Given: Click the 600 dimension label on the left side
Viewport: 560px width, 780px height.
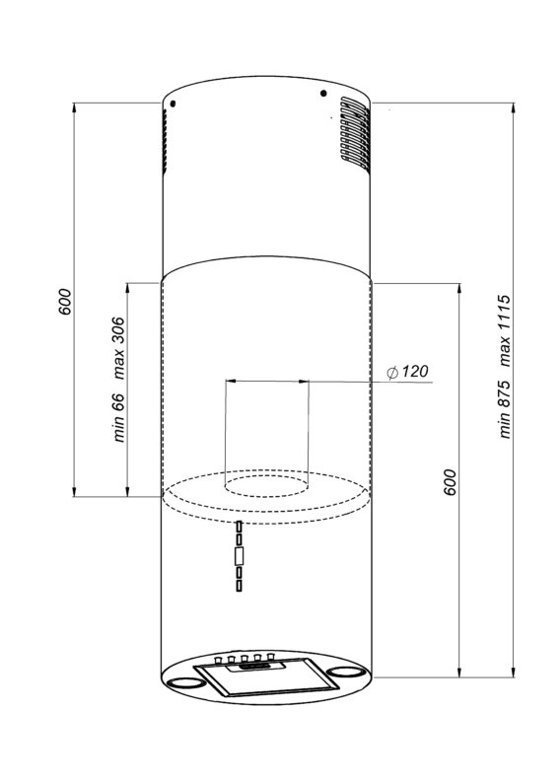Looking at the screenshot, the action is pyautogui.click(x=65, y=301).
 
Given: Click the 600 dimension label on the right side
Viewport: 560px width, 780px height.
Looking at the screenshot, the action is pyautogui.click(x=450, y=481).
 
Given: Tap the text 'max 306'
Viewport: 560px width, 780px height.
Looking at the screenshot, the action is pyautogui.click(x=118, y=348).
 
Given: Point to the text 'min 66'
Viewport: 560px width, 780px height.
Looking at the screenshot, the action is pyautogui.click(x=118, y=417).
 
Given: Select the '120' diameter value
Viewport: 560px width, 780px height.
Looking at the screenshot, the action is pyautogui.click(x=414, y=371).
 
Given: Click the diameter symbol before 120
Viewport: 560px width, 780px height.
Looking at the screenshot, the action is pyautogui.click(x=392, y=372).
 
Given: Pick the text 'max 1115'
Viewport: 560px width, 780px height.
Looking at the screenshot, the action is pyautogui.click(x=505, y=330).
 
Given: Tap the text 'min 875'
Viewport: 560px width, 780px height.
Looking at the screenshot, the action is pyautogui.click(x=505, y=409).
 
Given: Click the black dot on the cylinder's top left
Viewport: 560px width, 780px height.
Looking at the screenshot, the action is pyautogui.click(x=173, y=104).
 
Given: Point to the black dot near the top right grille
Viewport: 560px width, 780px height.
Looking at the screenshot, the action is pyautogui.click(x=323, y=93).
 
